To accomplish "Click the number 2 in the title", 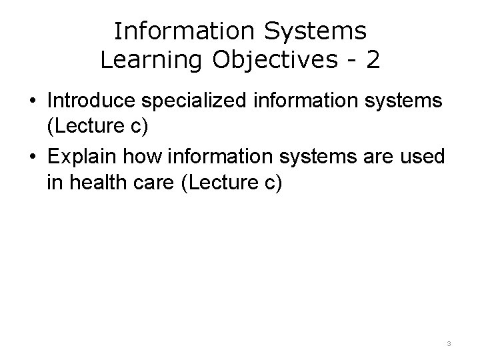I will [373, 61].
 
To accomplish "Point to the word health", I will [95, 182].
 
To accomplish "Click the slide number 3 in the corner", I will [449, 343].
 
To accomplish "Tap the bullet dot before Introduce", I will [32, 101].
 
